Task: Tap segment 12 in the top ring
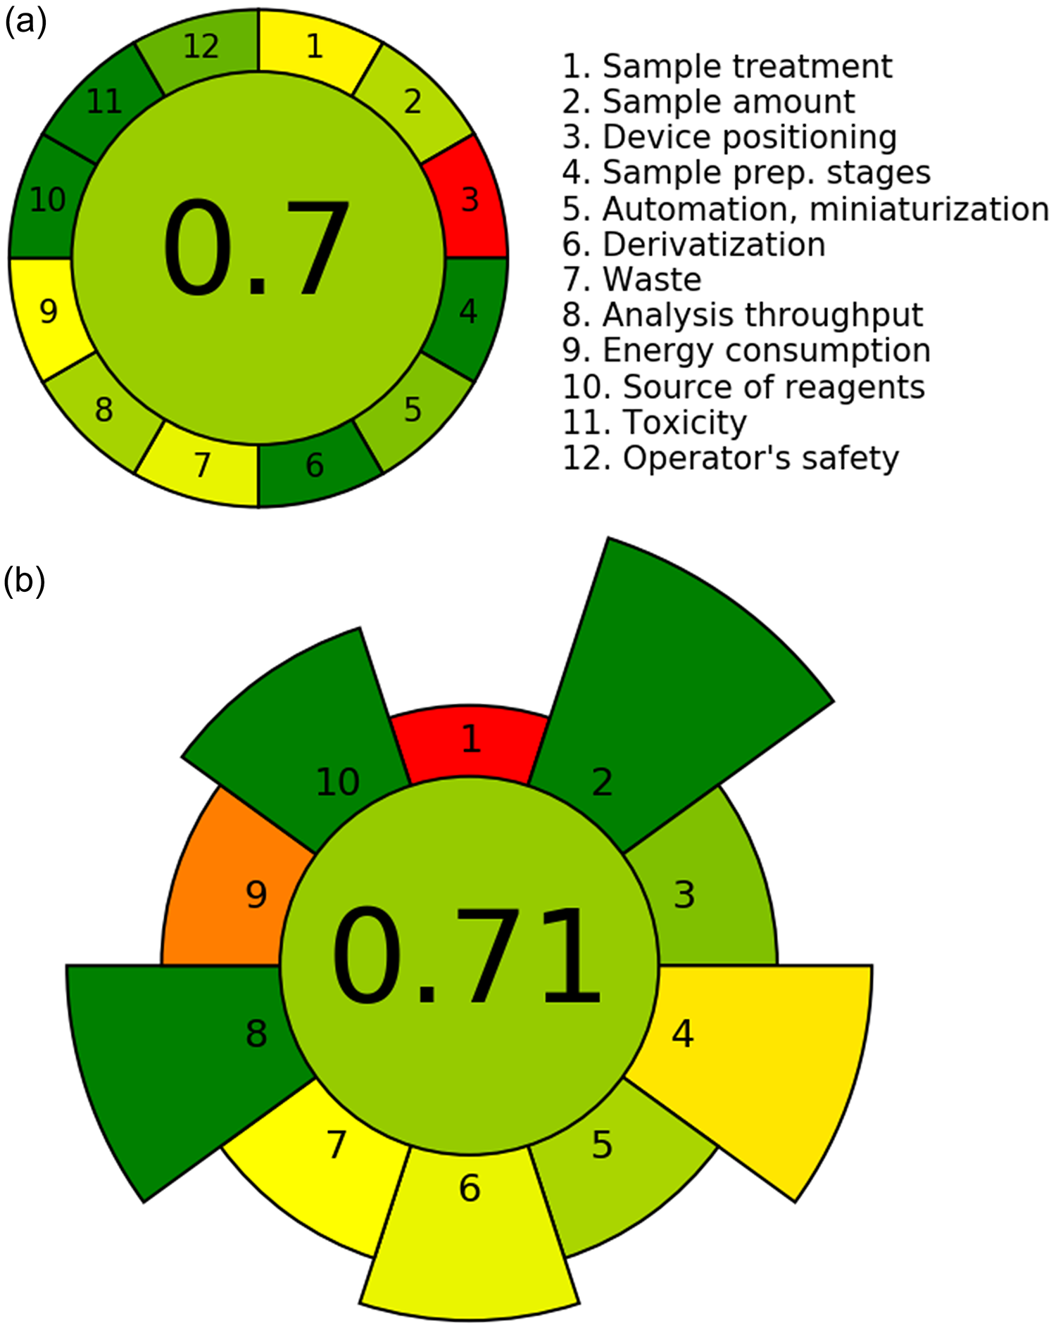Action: click(x=201, y=47)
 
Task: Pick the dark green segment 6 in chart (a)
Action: click(x=314, y=465)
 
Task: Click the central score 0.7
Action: click(x=257, y=250)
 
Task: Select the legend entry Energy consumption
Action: click(x=747, y=350)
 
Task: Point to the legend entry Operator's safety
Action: click(x=731, y=458)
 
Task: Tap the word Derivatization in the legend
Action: click(x=714, y=245)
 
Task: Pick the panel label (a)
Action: click(x=25, y=23)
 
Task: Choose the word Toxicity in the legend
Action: click(x=684, y=422)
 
